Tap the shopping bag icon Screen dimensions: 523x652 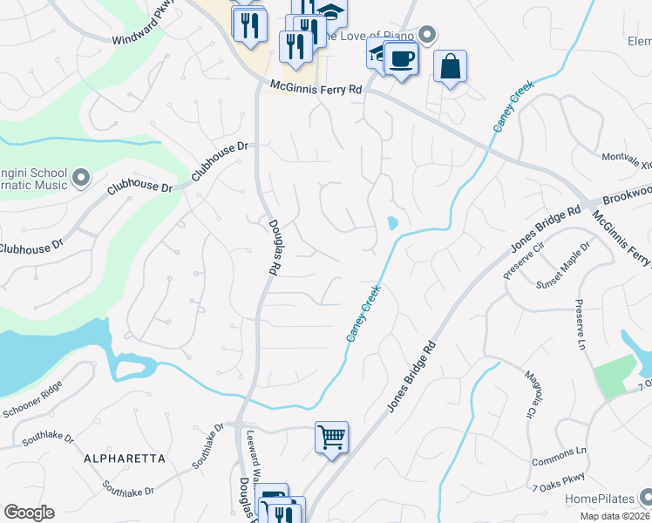[450, 66]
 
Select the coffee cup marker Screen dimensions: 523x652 [401, 59]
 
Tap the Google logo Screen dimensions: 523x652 [29, 513]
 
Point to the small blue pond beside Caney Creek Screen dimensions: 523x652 [392, 223]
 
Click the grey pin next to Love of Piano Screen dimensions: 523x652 [427, 35]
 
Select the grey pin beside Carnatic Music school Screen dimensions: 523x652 [81, 179]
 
